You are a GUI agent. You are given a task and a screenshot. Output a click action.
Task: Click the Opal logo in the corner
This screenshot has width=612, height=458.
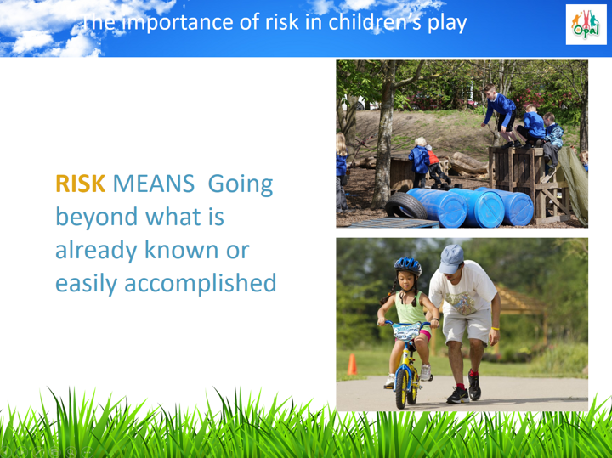point(586,25)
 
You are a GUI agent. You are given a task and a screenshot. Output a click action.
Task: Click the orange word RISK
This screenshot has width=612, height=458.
point(81,184)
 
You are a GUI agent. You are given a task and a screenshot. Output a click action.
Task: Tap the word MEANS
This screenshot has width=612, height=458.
point(153,184)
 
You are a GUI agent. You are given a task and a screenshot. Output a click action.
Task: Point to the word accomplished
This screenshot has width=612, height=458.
point(201,283)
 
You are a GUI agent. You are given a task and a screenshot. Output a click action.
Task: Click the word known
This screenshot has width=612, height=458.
point(182,249)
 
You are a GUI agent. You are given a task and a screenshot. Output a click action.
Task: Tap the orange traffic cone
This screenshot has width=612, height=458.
point(352,365)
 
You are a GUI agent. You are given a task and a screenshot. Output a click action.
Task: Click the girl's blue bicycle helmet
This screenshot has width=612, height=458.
point(408,266)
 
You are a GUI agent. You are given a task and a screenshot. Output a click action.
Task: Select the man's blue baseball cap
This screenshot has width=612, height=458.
point(450,258)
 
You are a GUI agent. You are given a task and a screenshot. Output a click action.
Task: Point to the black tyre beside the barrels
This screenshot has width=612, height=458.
point(406,205)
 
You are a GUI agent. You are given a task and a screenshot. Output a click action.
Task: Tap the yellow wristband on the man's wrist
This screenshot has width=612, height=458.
point(495,329)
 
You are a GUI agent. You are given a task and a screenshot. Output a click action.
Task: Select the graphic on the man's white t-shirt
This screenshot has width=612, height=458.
point(461,302)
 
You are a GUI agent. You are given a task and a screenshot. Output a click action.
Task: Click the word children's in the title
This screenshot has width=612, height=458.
point(374,22)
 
